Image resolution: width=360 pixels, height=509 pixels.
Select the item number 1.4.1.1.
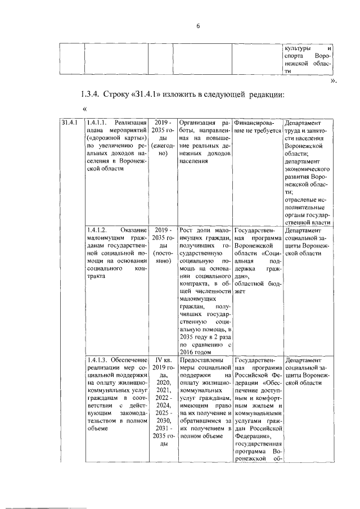[x=97, y=123]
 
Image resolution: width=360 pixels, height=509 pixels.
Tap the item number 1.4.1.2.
[x=97, y=230]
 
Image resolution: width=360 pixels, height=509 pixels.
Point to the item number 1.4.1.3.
[x=97, y=360]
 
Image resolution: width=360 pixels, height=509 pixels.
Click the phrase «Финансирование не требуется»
[x=256, y=127]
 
